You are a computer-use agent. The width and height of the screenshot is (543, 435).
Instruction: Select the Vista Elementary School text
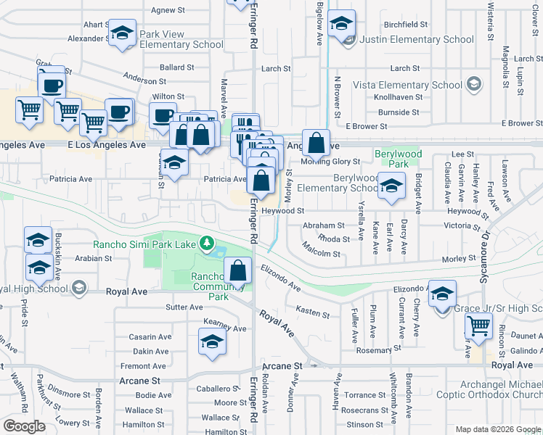407,85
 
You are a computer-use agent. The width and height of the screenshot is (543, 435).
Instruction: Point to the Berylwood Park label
392,159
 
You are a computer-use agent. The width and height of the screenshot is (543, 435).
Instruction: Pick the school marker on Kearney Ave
211,343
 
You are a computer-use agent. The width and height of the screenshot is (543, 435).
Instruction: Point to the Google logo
23,426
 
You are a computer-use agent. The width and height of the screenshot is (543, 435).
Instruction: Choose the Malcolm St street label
322,254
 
